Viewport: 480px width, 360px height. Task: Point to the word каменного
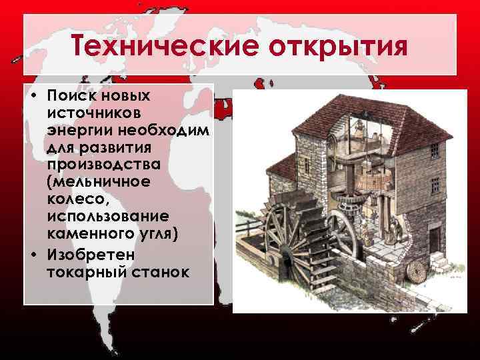click(x=89, y=232)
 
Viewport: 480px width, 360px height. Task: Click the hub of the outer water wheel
click(x=284, y=253)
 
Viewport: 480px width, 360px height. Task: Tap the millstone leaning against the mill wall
click(x=416, y=271)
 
